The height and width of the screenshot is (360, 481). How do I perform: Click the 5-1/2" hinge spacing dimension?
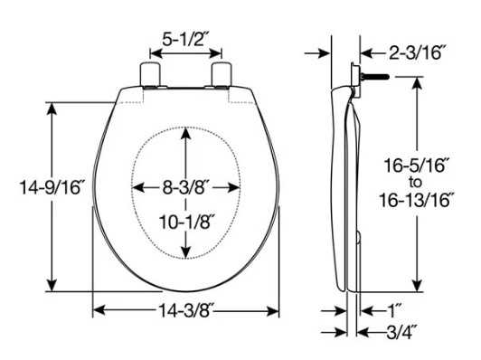coord(185,41)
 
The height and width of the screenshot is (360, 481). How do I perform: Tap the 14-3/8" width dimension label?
coord(186,312)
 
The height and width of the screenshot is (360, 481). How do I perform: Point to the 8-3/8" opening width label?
coord(186,188)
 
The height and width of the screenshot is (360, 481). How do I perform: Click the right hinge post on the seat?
coord(222,73)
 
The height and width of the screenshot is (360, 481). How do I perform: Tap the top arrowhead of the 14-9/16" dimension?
coord(52,104)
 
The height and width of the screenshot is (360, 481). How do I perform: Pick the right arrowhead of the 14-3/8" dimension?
coord(275,311)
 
